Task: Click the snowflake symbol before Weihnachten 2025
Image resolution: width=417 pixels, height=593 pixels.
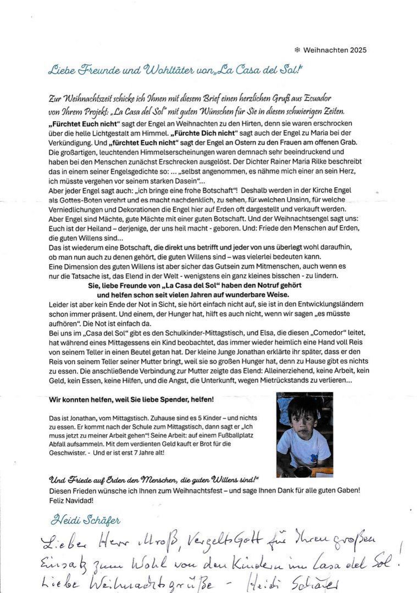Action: coord(297,50)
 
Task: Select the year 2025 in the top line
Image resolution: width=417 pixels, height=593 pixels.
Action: coord(356,50)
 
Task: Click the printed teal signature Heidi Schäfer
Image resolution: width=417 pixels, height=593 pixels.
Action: coord(85,520)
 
